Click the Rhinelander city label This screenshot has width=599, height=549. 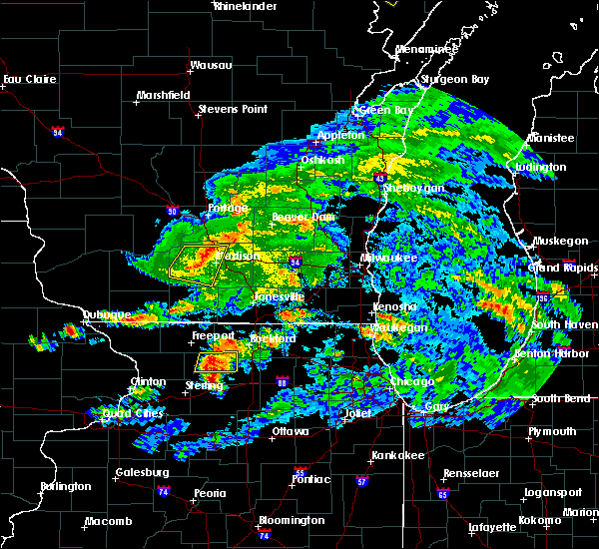(243, 6)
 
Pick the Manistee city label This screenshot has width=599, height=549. (551, 138)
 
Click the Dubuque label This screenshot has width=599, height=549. (107, 314)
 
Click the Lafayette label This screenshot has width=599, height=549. (493, 526)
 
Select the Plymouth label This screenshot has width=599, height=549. (553, 431)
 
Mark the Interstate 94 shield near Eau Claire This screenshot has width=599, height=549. (58, 131)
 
